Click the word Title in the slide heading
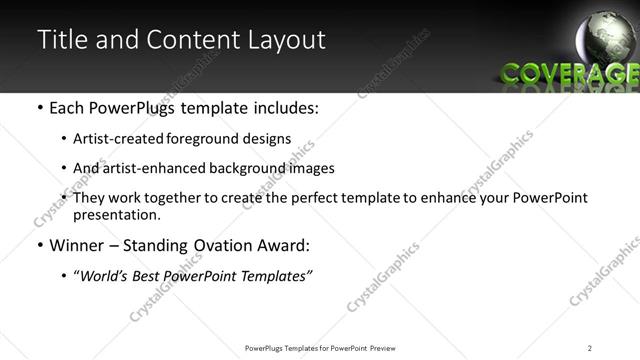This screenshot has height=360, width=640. [60, 40]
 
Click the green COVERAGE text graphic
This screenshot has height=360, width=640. [569, 73]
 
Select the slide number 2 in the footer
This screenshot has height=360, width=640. [590, 348]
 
